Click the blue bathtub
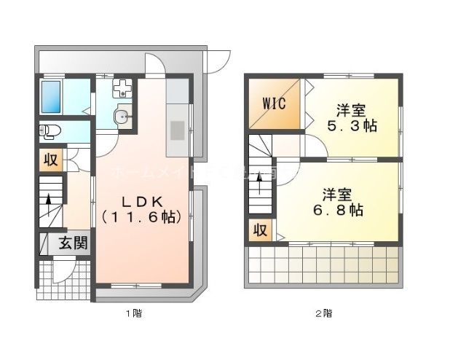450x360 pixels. [50, 96]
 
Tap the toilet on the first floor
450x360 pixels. [49, 132]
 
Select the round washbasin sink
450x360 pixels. [122, 117]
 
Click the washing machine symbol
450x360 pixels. [122, 90]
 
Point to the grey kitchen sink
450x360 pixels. [178, 131]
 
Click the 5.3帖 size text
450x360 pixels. [350, 126]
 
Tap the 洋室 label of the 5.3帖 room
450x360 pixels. [350, 111]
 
